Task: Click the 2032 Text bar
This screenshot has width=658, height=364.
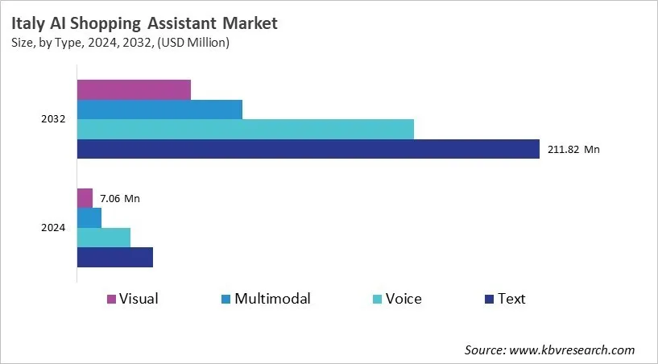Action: (308, 149)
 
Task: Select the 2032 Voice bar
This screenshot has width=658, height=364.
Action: (245, 129)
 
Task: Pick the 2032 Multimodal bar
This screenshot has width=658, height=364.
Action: (159, 110)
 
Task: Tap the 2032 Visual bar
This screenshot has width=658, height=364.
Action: (134, 89)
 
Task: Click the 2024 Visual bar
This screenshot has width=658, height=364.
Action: (85, 198)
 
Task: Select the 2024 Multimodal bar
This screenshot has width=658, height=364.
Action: (89, 217)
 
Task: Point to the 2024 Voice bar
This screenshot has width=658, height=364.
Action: (104, 238)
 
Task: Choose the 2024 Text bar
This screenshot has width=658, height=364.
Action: (114, 257)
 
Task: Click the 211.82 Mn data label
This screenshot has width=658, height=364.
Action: (573, 149)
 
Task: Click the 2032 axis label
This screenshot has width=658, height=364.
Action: (53, 119)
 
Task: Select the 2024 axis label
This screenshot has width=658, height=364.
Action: (53, 228)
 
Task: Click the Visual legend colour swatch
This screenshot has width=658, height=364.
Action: (111, 300)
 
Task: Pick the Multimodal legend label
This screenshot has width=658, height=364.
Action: (272, 299)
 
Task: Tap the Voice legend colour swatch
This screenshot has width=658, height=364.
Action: (377, 300)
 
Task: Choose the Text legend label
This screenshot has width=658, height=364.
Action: (511, 299)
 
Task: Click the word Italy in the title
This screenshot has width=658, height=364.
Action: (29, 23)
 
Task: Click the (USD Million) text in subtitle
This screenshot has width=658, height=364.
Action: (190, 43)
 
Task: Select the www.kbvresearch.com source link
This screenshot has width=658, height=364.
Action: (572, 350)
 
